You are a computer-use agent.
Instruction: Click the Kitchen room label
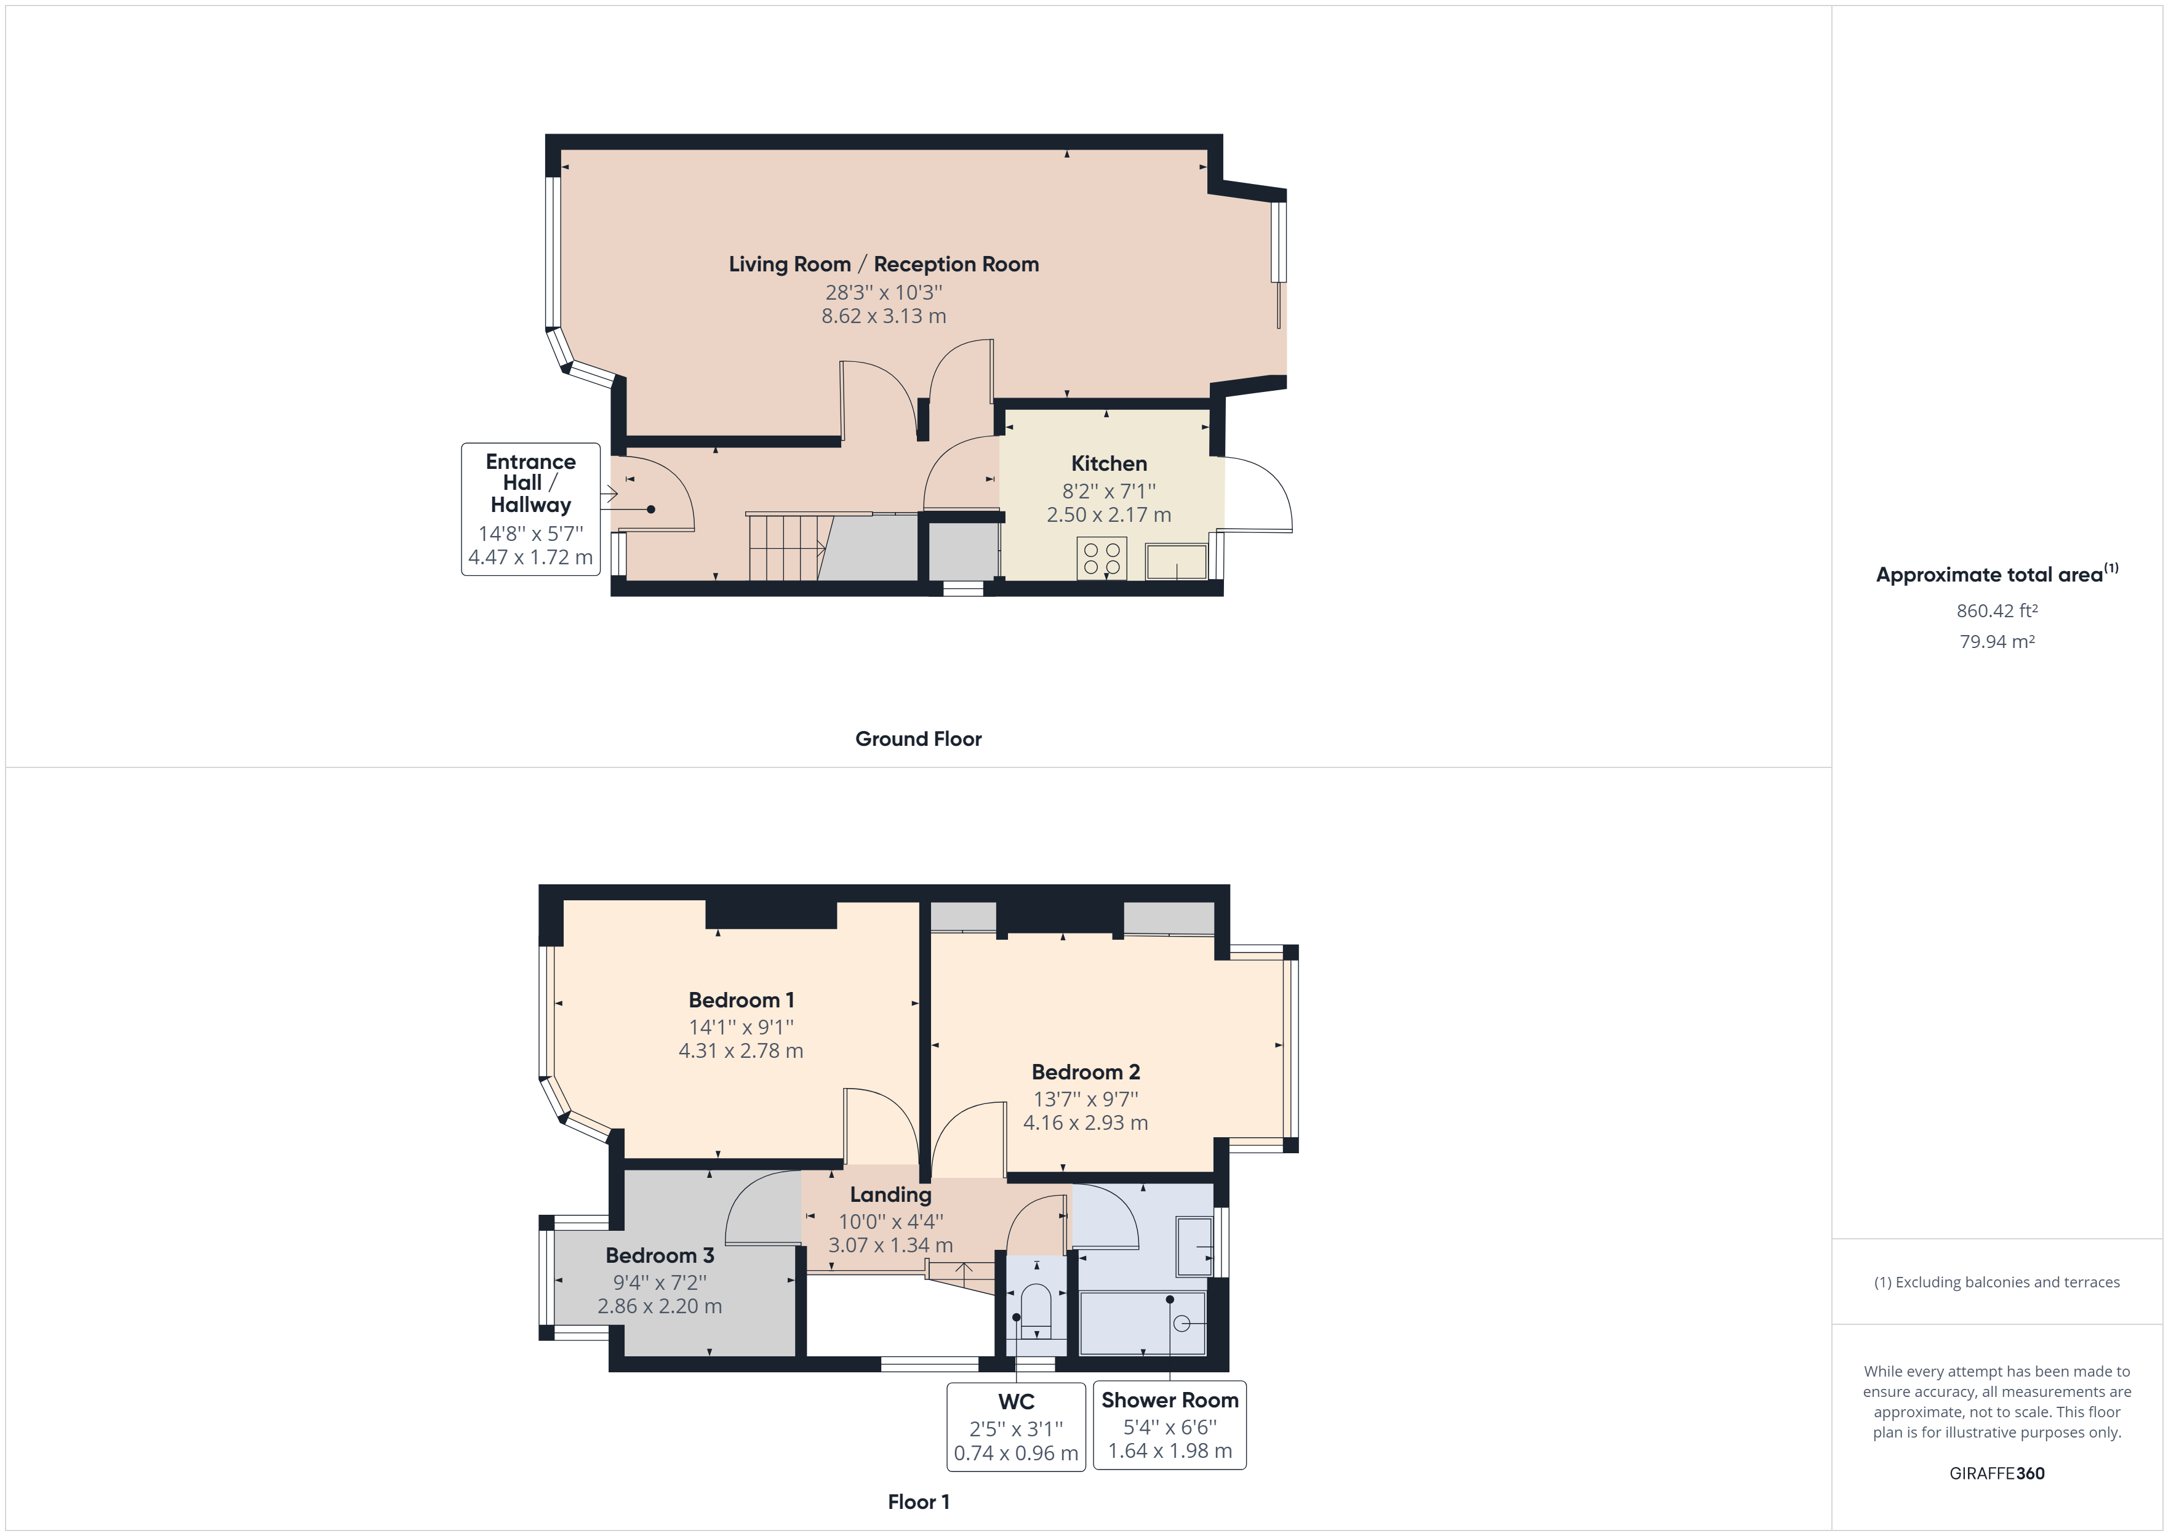pyautogui.click(x=1108, y=463)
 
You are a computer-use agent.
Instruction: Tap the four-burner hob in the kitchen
pyautogui.click(x=1101, y=558)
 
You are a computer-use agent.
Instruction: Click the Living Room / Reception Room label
pyautogui.click(x=883, y=264)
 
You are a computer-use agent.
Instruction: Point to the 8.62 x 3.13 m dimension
pyautogui.click(x=883, y=316)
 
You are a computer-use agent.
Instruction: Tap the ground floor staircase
pyautogui.click(x=785, y=548)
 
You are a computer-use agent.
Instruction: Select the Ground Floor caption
pyautogui.click(x=918, y=738)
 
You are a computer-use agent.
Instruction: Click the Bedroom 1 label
pyautogui.click(x=742, y=1000)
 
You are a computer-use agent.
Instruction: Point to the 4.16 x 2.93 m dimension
pyautogui.click(x=1085, y=1122)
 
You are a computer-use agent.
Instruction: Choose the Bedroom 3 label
pyautogui.click(x=659, y=1255)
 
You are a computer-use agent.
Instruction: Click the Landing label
pyautogui.click(x=890, y=1194)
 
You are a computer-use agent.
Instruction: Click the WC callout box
pyautogui.click(x=1015, y=1426)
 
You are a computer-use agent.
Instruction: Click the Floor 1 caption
pyautogui.click(x=918, y=1502)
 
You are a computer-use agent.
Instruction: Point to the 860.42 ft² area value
pyautogui.click(x=1996, y=611)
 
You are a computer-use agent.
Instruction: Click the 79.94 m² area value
pyautogui.click(x=1996, y=641)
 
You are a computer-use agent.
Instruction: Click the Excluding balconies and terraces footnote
pyautogui.click(x=1996, y=1282)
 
